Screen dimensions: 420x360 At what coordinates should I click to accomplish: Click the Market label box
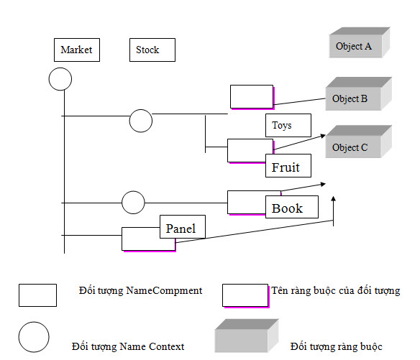coord(77,50)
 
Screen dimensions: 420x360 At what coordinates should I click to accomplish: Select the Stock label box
coord(152,50)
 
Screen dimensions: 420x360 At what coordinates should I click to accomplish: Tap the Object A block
coord(360,42)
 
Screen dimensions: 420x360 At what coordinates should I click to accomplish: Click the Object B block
coord(359,93)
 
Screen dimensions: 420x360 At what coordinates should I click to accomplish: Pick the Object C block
coord(359,142)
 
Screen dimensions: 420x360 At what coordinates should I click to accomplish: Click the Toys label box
coord(288,125)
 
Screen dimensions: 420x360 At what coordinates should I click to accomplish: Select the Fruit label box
coord(288,166)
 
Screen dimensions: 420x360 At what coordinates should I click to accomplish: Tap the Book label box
coord(292,207)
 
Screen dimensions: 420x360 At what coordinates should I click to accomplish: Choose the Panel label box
coord(183,226)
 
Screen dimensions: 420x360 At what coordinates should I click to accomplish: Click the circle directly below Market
coord(60,79)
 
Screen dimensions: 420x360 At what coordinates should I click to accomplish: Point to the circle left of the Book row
coord(133,203)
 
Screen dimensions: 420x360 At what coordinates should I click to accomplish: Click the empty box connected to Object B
coord(252,97)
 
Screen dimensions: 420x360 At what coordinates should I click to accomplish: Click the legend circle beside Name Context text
coord(34,337)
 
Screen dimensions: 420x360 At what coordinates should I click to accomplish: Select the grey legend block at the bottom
coord(247,336)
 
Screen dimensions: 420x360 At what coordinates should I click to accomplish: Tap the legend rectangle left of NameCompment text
coord(38,295)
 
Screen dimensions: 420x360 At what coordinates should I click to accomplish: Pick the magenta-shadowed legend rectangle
coord(246,296)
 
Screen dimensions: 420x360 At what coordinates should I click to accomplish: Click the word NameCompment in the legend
coord(164,291)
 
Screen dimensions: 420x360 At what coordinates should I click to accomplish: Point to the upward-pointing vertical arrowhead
coord(333,198)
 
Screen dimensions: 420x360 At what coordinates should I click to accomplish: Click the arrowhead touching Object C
coord(323,136)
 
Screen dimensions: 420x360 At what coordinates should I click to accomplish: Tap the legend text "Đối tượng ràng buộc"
coord(336,347)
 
